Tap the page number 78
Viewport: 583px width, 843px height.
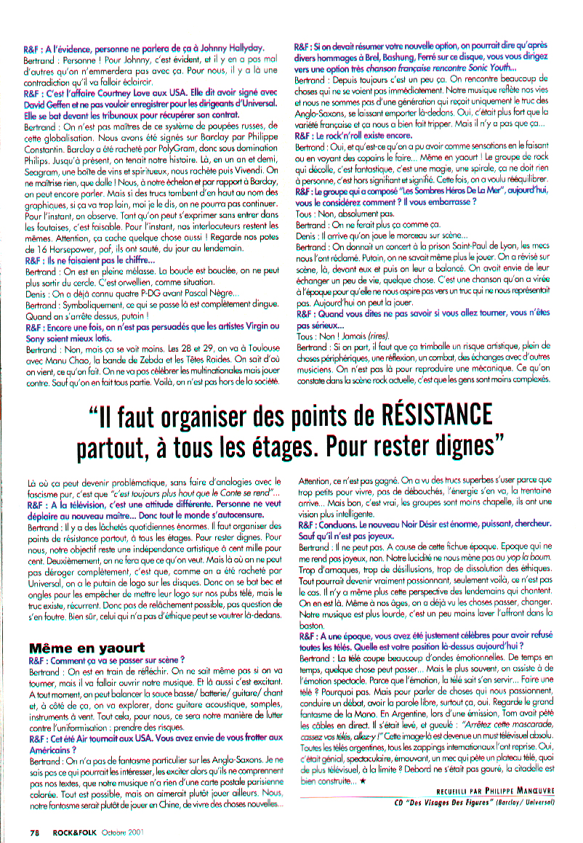click(x=34, y=831)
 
